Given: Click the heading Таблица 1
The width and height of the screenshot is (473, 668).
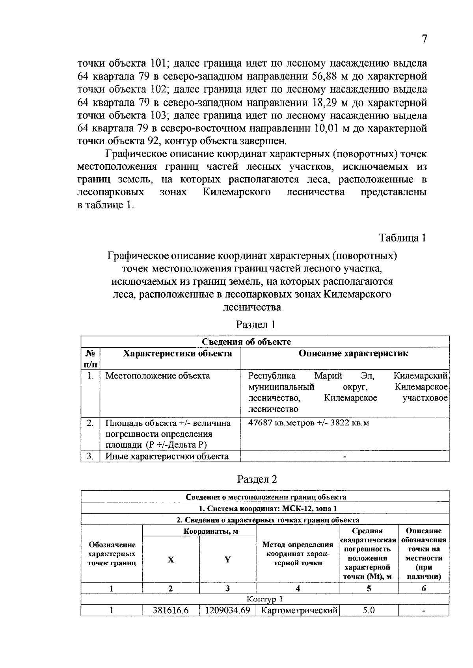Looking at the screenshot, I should (402, 238).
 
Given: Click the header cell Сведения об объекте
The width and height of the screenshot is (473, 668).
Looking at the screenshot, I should (246, 342).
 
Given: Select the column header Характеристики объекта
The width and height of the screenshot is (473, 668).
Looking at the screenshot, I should (177, 353).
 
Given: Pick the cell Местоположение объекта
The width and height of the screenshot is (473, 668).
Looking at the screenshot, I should (158, 376).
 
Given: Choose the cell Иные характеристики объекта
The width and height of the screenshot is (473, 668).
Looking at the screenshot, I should (167, 456).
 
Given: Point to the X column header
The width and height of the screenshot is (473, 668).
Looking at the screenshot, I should (171, 560).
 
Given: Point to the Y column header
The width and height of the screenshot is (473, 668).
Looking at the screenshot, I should (227, 560).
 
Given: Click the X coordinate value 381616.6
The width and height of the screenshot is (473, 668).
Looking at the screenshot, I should (171, 610).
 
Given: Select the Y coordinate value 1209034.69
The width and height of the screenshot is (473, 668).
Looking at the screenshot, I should (228, 610).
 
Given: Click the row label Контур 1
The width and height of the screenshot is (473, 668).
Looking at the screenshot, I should (264, 599).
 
